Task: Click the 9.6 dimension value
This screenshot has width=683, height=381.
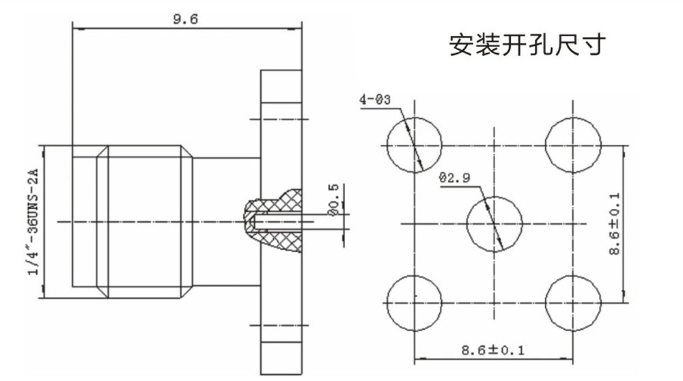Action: tap(185, 19)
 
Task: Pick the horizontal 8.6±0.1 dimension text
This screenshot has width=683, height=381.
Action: tap(492, 350)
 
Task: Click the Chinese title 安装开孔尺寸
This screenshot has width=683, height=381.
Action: tap(527, 46)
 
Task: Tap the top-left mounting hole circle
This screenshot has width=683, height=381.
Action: tap(414, 145)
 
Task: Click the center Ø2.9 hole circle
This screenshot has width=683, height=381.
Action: tap(493, 223)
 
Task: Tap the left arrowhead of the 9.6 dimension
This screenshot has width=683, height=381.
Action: tap(75, 29)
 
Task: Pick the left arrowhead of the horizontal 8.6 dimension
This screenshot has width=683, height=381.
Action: tap(418, 357)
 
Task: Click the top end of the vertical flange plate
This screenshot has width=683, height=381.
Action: tap(281, 72)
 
